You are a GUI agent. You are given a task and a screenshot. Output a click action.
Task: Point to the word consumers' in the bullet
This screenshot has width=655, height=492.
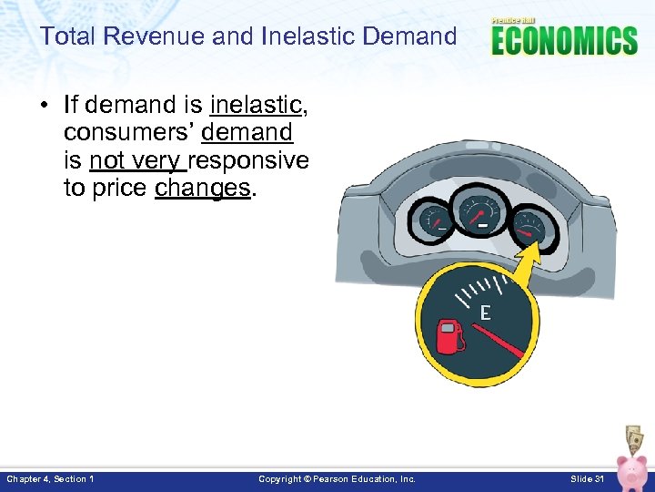point(128,133)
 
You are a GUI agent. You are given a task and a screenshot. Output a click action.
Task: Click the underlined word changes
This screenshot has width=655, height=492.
point(203,189)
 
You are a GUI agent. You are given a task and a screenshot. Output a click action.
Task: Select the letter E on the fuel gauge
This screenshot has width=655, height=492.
point(485,313)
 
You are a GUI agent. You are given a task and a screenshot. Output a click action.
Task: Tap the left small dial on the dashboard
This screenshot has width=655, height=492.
point(433,218)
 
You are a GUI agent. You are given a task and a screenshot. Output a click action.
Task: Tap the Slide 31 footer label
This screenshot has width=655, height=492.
point(587,479)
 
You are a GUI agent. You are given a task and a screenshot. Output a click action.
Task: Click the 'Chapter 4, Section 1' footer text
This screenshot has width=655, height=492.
point(50,479)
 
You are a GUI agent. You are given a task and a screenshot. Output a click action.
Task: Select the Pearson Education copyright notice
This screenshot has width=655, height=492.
point(337,479)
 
